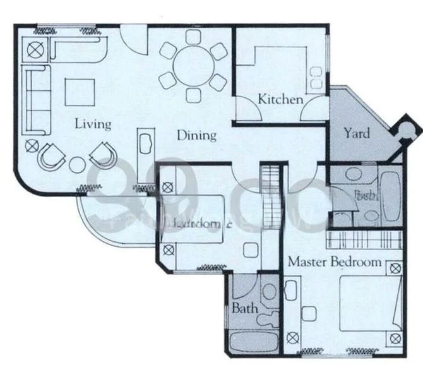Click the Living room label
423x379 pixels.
93,123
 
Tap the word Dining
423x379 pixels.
196,135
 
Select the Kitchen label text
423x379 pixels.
280,100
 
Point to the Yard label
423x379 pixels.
356,133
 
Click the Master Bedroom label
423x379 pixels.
334,262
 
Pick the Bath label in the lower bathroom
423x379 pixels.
244,309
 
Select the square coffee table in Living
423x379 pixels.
79,92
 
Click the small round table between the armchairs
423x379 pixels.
77,165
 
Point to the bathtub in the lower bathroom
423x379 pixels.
253,343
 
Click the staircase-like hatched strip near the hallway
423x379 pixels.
271,196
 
